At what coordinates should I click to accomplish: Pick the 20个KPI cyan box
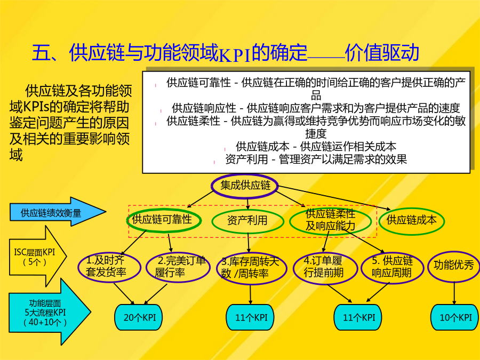138,317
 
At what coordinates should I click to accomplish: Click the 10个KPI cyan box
455,317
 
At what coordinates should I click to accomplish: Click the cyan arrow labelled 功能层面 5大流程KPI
50,312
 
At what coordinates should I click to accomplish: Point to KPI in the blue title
235,54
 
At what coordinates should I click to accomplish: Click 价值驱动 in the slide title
382,52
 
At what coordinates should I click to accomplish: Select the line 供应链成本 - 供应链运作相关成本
316,147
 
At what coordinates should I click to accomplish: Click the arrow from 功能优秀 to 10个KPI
454,293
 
